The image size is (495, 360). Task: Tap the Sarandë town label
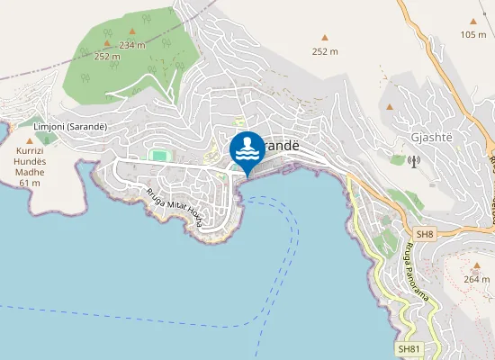tap(281, 145)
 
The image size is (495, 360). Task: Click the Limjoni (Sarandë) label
tap(69, 127)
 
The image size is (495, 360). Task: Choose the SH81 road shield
tap(409, 348)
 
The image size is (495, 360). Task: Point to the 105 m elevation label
tap(472, 35)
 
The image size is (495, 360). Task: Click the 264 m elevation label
tap(476, 279)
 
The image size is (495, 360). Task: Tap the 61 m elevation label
tap(30, 183)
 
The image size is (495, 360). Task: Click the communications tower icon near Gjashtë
tap(414, 163)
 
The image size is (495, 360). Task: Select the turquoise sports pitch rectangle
tap(158, 156)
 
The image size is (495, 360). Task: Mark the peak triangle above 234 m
tap(131, 32)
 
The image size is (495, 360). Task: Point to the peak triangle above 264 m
tap(476, 266)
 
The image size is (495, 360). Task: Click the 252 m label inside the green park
tap(107, 56)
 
